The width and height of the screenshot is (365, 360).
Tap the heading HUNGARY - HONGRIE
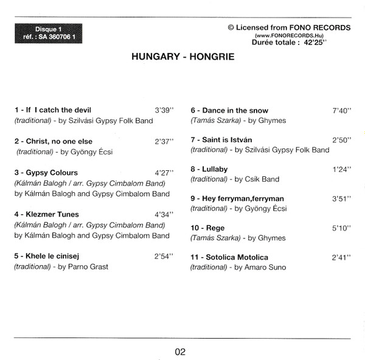click(x=183, y=58)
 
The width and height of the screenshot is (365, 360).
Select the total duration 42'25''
click(x=338, y=44)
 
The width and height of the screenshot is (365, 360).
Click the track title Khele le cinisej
click(x=51, y=256)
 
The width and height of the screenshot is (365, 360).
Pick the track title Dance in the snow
click(x=229, y=111)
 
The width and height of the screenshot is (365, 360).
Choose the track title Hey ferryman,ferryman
click(x=237, y=198)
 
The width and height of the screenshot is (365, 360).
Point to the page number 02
click(x=179, y=351)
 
